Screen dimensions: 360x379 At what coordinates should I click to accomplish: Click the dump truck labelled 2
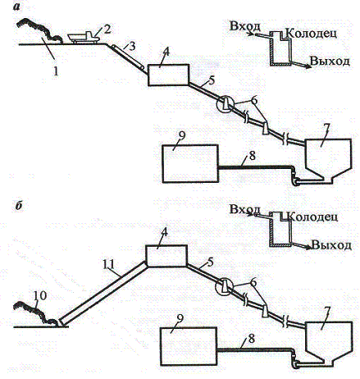point(83,38)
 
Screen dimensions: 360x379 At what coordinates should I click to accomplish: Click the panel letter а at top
point(16,7)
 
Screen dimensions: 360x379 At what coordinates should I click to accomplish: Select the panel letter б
point(18,206)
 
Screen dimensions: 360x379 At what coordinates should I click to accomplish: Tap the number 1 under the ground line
point(56,71)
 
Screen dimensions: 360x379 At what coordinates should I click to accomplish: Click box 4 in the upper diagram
point(169,75)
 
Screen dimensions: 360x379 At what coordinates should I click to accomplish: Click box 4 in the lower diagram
point(166,256)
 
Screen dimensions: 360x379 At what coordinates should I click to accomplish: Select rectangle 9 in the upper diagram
point(190,163)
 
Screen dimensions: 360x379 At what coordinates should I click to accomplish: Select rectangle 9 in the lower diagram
point(189,347)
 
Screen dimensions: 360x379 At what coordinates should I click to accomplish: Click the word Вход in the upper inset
point(245,26)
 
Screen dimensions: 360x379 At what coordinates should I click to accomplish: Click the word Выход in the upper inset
point(330,61)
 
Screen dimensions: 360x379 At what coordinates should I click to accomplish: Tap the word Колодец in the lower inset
point(313,217)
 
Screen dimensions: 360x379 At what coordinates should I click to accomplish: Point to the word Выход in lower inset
point(331,245)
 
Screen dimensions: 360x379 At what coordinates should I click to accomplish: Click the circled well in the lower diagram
point(224,286)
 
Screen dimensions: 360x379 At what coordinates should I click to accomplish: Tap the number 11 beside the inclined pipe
point(110,265)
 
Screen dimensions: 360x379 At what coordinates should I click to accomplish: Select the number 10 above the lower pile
point(40,296)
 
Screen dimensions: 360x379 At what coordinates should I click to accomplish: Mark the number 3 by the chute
point(132,46)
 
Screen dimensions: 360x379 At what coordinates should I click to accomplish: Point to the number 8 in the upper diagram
point(252,156)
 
